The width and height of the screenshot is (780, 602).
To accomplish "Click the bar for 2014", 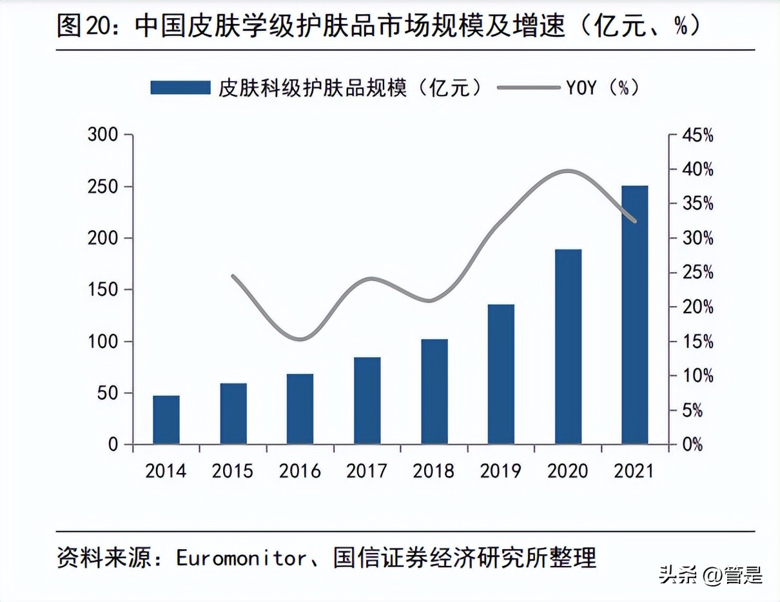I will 166,420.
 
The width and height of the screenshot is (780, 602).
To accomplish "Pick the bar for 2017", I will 367,400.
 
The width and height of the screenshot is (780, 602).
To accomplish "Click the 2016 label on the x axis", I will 300,471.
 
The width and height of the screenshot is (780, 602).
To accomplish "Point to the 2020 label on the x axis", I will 568,471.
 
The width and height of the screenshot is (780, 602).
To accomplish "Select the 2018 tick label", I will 434,471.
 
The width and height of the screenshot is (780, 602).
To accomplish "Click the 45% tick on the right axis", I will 699,135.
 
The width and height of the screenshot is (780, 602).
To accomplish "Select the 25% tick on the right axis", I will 699,273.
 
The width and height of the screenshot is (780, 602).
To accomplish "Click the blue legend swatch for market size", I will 180,88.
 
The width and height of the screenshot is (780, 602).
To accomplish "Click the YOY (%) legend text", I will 602,88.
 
